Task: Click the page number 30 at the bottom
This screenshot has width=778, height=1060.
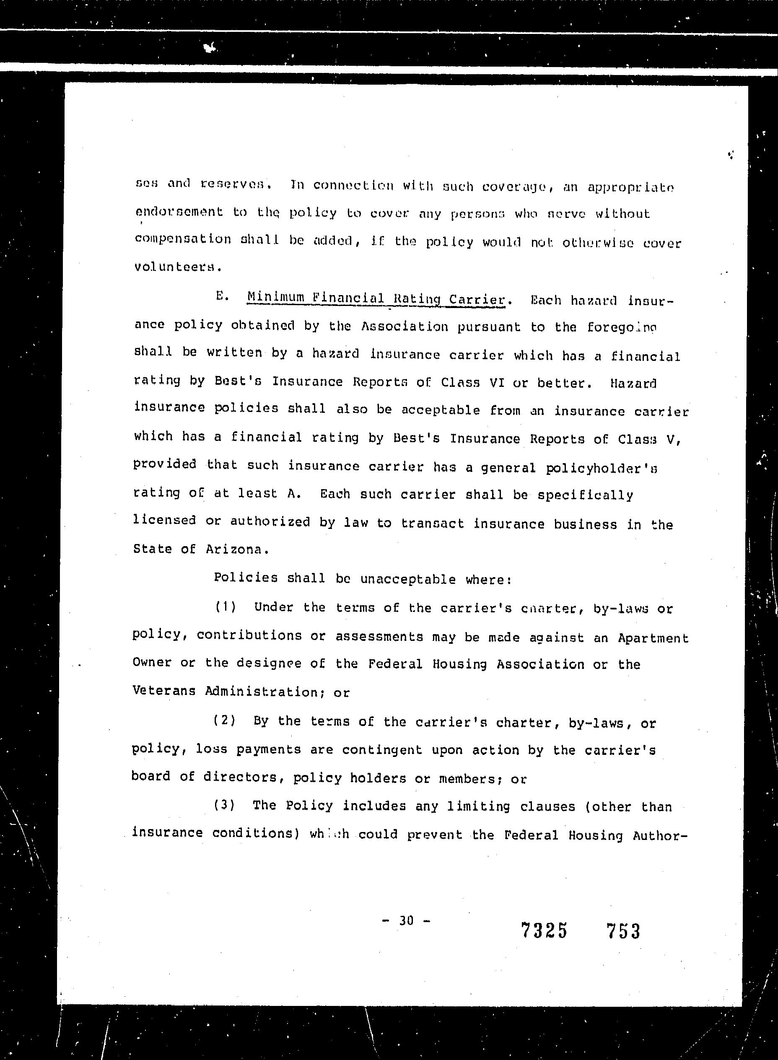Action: pyautogui.click(x=406, y=920)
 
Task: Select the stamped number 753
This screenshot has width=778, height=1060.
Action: pyautogui.click(x=623, y=931)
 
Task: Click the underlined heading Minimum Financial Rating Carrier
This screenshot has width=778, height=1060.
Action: pyautogui.click(x=376, y=298)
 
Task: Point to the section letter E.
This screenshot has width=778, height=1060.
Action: pyautogui.click(x=220, y=296)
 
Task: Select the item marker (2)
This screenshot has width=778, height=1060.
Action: pyautogui.click(x=225, y=720)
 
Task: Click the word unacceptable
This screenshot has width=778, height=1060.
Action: pyautogui.click(x=408, y=579)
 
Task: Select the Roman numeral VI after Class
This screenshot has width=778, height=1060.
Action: pyautogui.click(x=497, y=382)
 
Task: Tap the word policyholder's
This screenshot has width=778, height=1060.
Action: pyautogui.click(x=602, y=468)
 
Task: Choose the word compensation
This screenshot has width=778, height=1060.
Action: pyautogui.click(x=183, y=240)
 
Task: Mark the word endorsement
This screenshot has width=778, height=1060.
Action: pyautogui.click(x=179, y=213)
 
